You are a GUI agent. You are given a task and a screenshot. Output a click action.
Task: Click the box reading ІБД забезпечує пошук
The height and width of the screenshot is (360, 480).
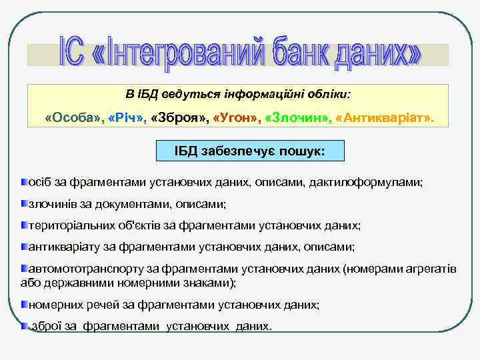tap(249, 151)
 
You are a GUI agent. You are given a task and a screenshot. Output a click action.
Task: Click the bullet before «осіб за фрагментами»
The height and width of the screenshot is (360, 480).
tap(24, 181)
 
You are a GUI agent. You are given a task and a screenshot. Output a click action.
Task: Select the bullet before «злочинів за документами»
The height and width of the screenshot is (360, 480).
tap(24, 203)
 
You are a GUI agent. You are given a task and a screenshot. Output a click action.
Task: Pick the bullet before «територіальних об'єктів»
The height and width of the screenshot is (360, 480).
tap(24, 225)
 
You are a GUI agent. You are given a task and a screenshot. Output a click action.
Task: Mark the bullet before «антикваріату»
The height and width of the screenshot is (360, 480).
tap(24, 247)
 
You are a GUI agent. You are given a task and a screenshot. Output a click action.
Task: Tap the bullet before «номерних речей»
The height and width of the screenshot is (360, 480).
tap(24, 303)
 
